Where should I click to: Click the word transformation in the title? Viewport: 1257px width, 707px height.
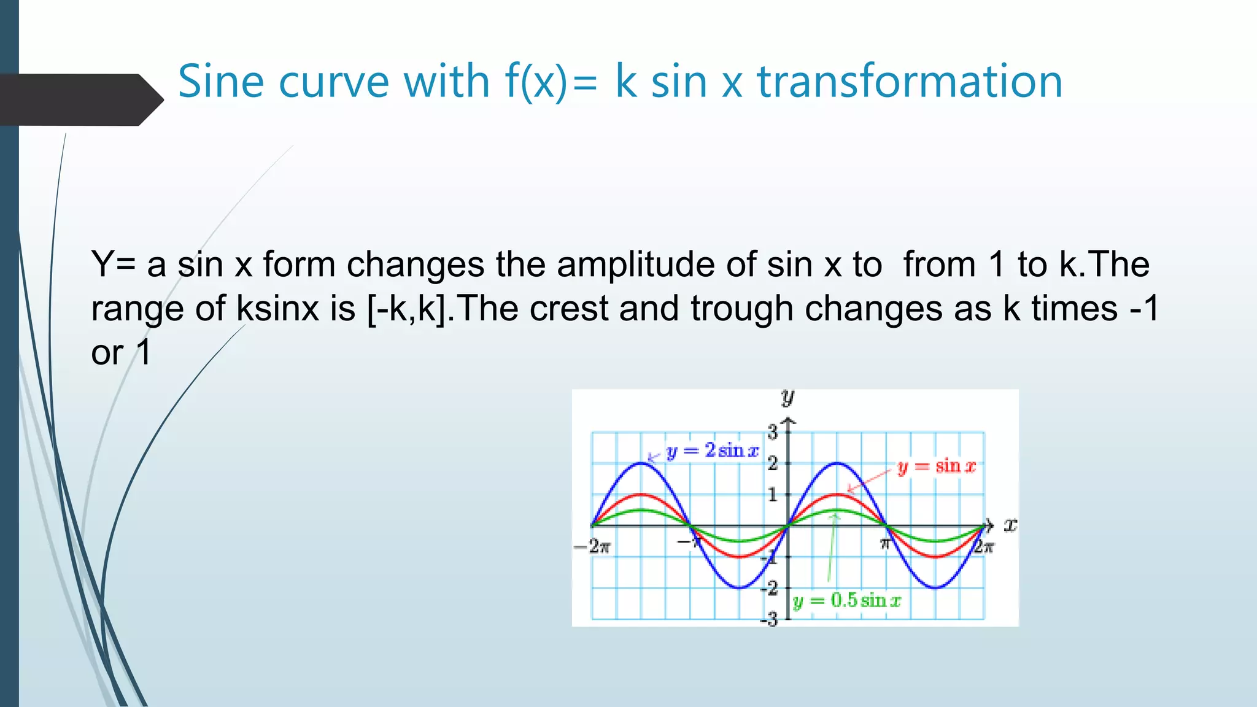click(x=910, y=81)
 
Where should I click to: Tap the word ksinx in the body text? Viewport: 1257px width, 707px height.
click(x=277, y=308)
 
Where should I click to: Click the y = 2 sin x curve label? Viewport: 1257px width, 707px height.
click(x=712, y=450)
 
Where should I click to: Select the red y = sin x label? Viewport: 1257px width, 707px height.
click(x=936, y=466)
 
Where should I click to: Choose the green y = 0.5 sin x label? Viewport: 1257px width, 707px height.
click(x=847, y=600)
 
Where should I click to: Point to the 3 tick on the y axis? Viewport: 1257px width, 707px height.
click(x=772, y=431)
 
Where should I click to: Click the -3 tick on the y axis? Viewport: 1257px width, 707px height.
click(x=769, y=619)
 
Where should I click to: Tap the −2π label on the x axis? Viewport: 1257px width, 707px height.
click(x=592, y=546)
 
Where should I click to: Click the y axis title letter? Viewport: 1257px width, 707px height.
click(x=787, y=397)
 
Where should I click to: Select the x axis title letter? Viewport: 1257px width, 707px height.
click(x=1010, y=525)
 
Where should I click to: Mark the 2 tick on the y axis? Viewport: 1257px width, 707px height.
click(x=772, y=463)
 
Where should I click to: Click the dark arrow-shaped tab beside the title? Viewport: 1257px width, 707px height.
click(x=80, y=99)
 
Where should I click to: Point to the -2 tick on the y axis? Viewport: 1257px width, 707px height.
click(x=769, y=588)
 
